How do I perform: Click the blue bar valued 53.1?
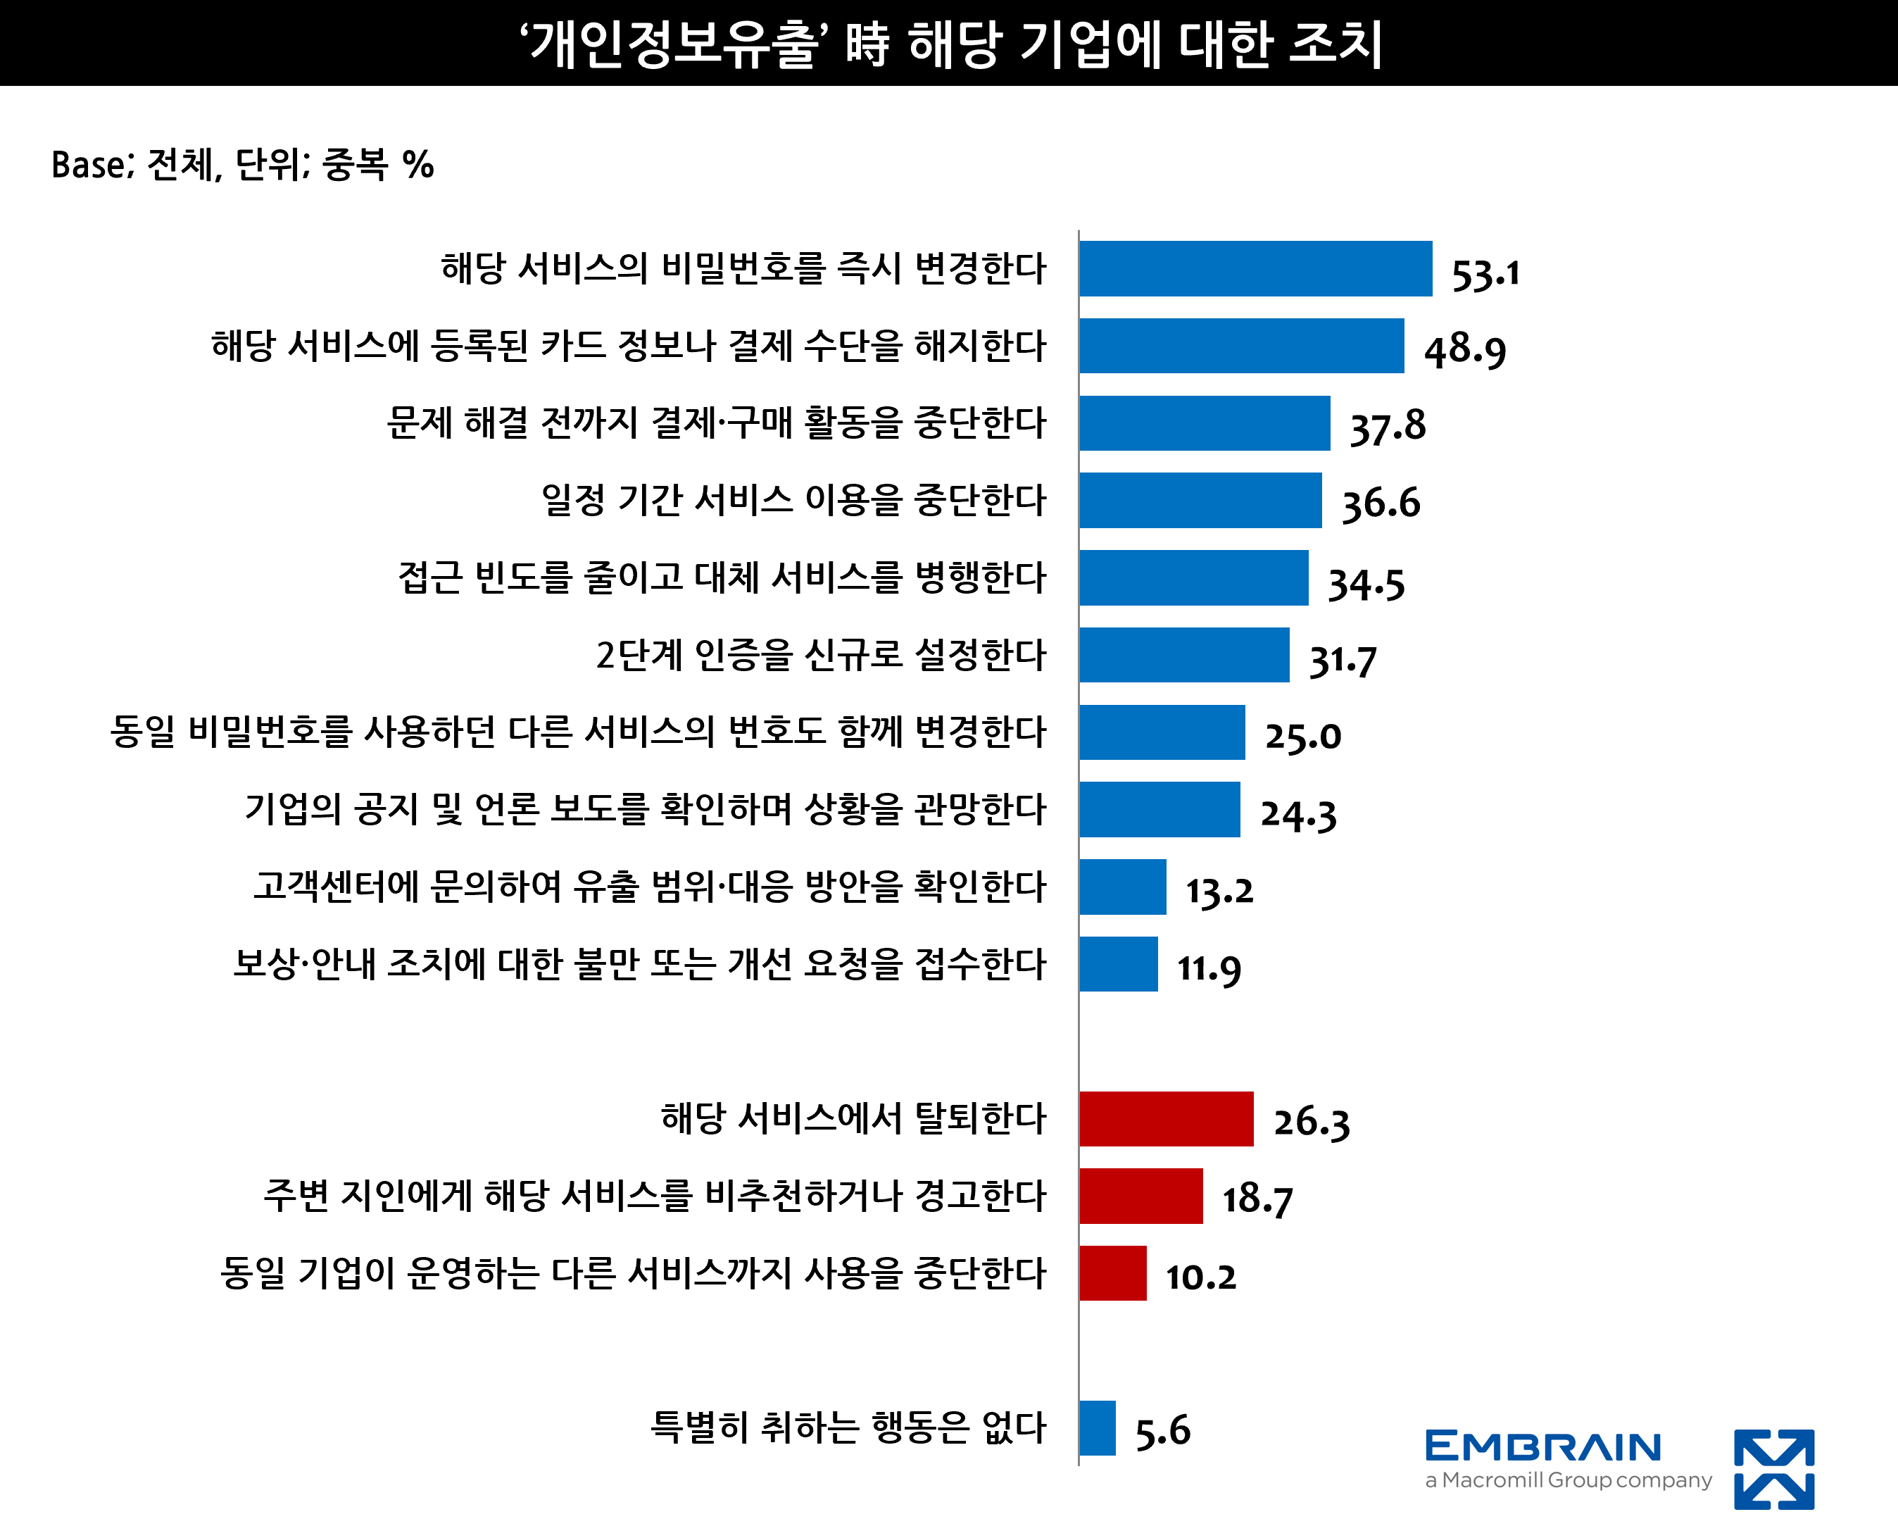point(1255,268)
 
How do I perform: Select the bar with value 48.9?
point(1241,346)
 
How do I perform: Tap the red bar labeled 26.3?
point(1166,1119)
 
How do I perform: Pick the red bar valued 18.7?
point(1140,1196)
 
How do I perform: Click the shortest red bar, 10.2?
point(1112,1273)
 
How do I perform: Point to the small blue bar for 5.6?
point(1098,1428)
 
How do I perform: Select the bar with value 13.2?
point(1122,887)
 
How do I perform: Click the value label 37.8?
point(1387,426)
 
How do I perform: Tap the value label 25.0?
point(1303,735)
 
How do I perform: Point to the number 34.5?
point(1366,583)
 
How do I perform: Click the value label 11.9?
point(1209,968)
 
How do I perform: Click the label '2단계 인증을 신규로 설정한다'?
point(821,655)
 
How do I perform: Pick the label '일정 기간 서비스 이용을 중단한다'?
point(793,500)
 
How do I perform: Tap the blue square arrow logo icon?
point(1773,1469)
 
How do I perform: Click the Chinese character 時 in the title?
point(867,44)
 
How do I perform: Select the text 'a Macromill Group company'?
point(1568,1480)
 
